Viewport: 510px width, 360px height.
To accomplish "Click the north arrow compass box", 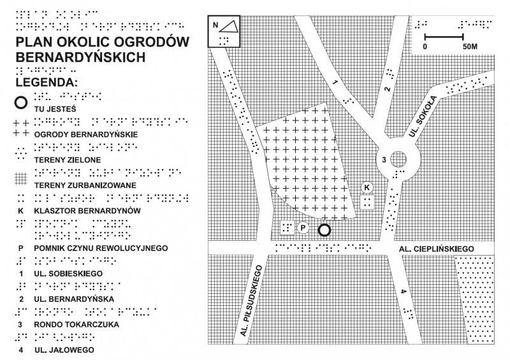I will pyautogui.click(x=224, y=31).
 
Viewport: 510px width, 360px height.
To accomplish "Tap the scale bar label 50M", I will pyautogui.click(x=470, y=47).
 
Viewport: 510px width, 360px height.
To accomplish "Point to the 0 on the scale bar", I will pyautogui.click(x=425, y=47).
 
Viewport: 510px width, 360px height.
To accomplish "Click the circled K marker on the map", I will pyautogui.click(x=367, y=187).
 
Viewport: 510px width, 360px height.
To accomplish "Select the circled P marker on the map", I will pyautogui.click(x=303, y=227).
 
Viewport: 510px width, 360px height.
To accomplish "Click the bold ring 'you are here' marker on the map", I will pyautogui.click(x=324, y=230).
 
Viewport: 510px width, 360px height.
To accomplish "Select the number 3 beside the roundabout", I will pyautogui.click(x=384, y=159).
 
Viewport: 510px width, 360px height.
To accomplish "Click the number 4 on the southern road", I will pyautogui.click(x=403, y=292).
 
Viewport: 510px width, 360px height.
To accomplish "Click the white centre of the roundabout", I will pyautogui.click(x=399, y=159).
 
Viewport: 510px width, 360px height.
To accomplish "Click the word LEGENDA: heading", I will pyautogui.click(x=47, y=82).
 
